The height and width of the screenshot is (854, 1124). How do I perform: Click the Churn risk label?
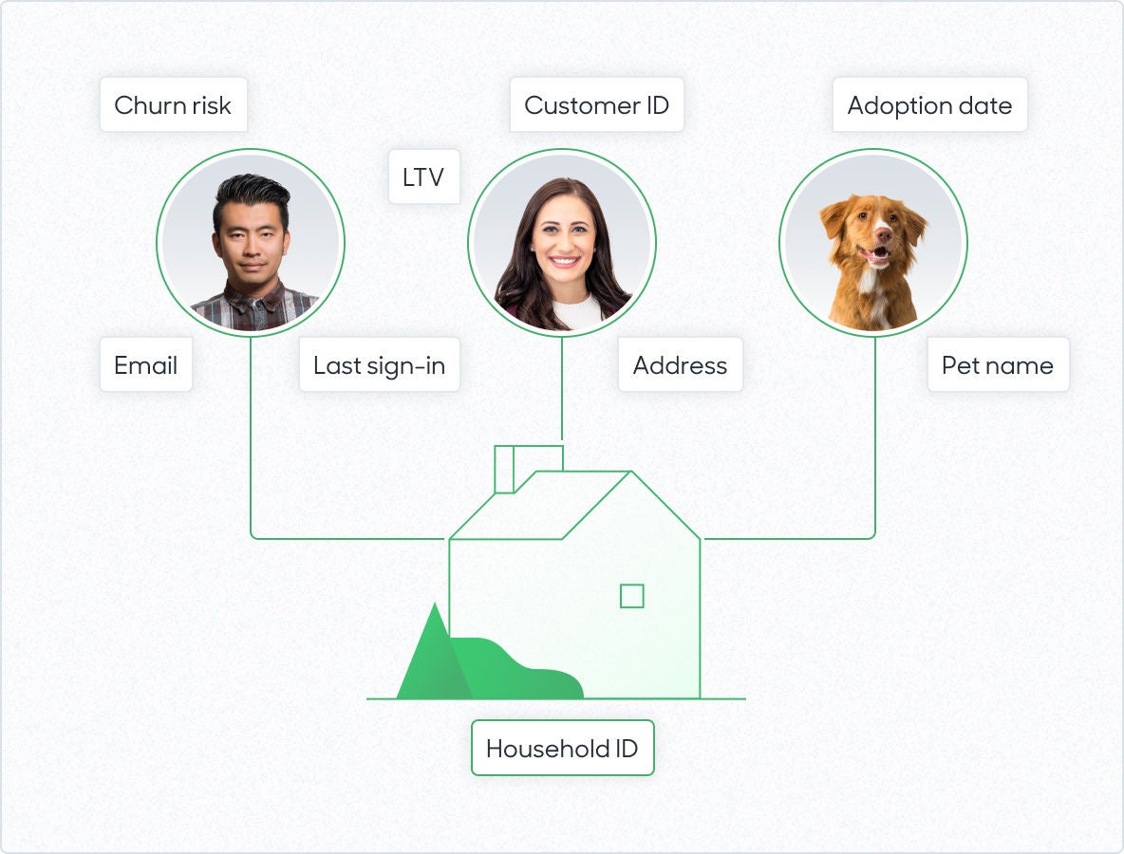click(174, 105)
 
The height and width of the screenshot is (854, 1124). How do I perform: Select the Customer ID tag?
click(596, 105)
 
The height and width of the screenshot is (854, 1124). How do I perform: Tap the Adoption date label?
click(929, 105)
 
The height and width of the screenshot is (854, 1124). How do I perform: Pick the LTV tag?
click(423, 176)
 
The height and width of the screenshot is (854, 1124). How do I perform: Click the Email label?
click(146, 365)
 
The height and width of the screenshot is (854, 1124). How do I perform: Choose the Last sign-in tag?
click(379, 365)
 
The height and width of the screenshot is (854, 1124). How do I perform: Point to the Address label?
click(681, 365)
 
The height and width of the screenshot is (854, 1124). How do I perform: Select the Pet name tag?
click(998, 365)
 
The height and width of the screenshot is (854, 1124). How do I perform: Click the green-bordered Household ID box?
click(563, 748)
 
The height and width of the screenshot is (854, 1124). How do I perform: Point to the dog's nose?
click(883, 232)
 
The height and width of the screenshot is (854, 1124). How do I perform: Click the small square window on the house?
click(631, 596)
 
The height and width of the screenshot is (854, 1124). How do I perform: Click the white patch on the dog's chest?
click(871, 287)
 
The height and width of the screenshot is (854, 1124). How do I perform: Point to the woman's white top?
click(577, 312)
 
